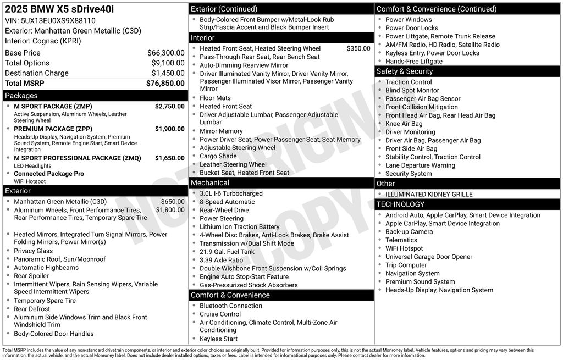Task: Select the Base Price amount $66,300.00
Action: tap(165, 53)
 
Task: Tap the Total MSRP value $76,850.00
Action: tap(165, 83)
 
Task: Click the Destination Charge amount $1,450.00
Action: tap(168, 73)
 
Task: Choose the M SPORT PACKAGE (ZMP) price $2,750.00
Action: tap(169, 106)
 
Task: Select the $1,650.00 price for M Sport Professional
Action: tap(169, 158)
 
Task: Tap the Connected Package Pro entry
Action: tap(49, 174)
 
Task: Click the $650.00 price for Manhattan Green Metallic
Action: tap(173, 202)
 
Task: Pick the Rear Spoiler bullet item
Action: tap(31, 276)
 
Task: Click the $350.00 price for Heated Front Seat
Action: tap(358, 48)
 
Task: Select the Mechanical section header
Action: tap(209, 182)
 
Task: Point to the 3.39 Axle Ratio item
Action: tap(221, 260)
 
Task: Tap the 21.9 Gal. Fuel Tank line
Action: tap(227, 252)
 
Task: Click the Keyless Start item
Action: tap(218, 339)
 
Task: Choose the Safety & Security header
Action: tap(404, 71)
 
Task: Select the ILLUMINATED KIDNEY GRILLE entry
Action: tap(429, 194)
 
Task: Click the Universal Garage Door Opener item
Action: tap(429, 257)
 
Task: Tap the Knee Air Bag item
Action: tap(404, 124)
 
